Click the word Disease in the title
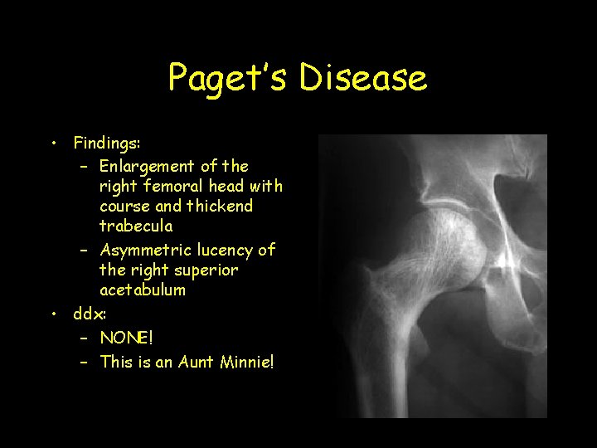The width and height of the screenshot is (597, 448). pos(363,78)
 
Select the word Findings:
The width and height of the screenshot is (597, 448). pos(107,143)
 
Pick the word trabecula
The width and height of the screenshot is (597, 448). pos(136,226)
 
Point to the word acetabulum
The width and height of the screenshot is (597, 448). pos(143,290)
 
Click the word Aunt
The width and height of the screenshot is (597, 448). pos(195,362)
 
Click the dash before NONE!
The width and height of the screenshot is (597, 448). pos(85,338)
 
